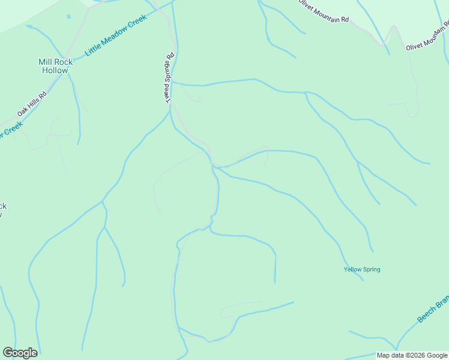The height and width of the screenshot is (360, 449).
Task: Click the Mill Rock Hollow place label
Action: coord(55,66)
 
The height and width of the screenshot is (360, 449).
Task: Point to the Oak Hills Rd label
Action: coord(32,104)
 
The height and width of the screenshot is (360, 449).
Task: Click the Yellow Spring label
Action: coord(362,269)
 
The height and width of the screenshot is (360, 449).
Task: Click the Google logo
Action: coord(20,353)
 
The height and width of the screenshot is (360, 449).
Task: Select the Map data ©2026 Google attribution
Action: coord(412,355)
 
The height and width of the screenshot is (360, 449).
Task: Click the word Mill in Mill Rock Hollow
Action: coord(46,62)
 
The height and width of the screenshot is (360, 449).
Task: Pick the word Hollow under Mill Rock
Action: coord(55,70)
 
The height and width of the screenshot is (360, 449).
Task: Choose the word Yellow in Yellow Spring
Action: coord(353,269)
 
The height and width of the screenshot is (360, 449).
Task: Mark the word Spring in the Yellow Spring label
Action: coord(372,269)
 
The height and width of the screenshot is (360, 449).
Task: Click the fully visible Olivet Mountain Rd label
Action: coord(324,10)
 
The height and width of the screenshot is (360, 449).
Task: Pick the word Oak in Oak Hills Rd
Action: coord(22,112)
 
